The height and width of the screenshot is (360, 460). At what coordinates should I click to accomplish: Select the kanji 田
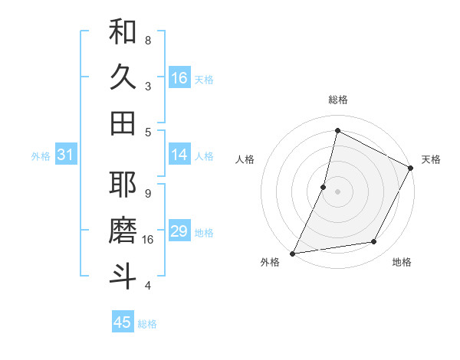(123, 123)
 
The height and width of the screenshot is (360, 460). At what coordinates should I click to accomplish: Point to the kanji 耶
(123, 185)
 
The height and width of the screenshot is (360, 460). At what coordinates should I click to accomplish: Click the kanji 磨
(123, 231)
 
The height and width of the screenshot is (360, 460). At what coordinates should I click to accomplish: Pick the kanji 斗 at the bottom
(123, 277)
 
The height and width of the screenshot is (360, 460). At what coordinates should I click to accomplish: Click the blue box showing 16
(179, 78)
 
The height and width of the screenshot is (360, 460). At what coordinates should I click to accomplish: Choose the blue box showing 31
(65, 155)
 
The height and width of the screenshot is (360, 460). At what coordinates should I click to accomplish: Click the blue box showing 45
(123, 322)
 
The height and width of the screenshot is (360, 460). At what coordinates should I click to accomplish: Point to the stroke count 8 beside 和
(148, 39)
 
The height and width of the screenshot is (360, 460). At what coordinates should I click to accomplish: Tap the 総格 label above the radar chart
(337, 100)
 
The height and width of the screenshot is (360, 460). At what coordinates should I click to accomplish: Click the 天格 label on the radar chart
(431, 159)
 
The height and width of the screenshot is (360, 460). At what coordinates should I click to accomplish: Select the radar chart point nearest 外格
(292, 254)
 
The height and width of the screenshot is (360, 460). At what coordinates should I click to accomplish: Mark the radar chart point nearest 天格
(411, 169)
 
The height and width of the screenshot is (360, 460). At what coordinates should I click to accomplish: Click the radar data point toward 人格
(324, 187)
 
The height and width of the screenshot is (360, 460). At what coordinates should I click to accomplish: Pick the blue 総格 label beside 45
(147, 324)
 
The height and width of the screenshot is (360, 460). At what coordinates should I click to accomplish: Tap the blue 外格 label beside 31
(41, 156)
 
